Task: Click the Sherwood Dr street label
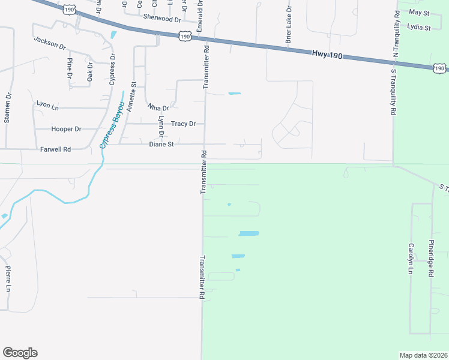click(161, 19)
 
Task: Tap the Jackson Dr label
click(50, 43)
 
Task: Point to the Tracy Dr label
click(184, 124)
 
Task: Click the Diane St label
click(161, 144)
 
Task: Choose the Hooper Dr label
click(67, 129)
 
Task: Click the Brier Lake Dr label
click(289, 25)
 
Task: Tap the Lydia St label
click(419, 28)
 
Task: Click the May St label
click(419, 12)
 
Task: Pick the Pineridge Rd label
click(430, 257)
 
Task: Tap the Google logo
click(20, 353)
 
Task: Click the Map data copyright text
click(423, 355)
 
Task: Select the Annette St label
click(131, 97)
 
